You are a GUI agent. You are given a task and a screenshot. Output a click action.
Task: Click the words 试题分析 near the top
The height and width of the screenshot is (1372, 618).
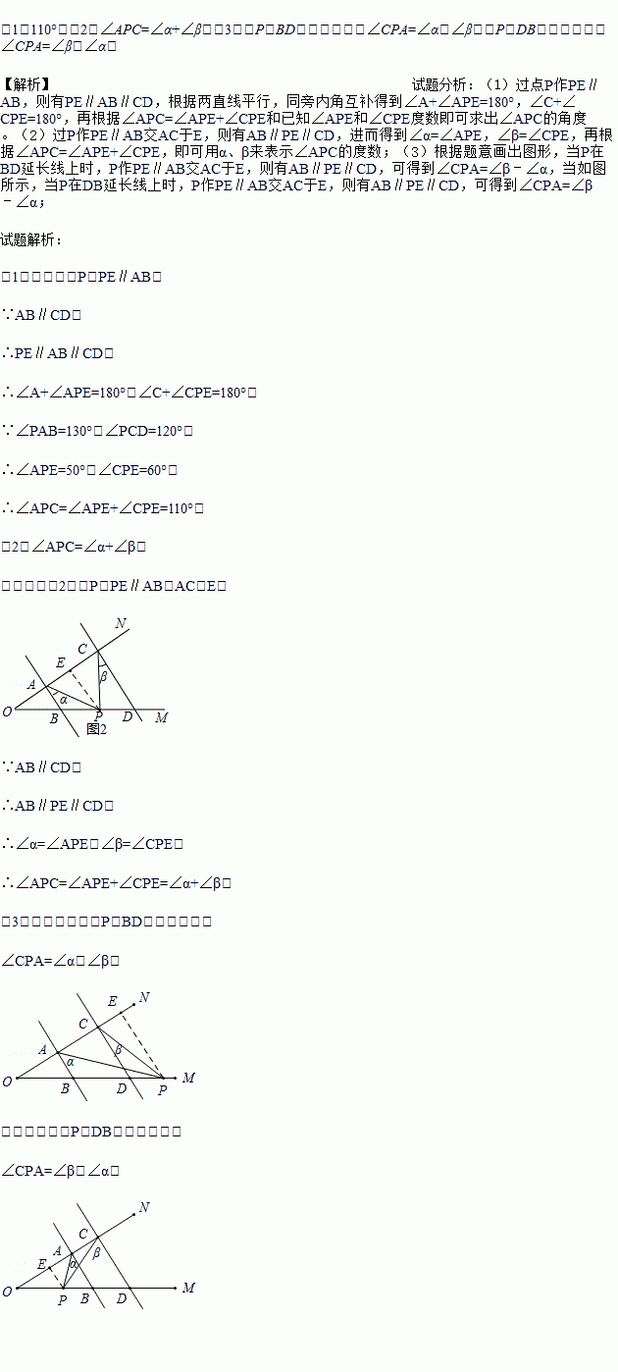(444, 85)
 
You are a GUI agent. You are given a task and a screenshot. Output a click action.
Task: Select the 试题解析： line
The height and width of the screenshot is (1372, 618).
(32, 238)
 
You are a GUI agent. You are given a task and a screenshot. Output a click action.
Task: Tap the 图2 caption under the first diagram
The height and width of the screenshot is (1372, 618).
(96, 728)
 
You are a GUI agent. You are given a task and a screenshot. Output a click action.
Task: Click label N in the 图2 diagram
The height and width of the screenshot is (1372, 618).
(121, 624)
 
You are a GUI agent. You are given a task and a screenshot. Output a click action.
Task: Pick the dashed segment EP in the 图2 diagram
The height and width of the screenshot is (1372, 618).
(83, 689)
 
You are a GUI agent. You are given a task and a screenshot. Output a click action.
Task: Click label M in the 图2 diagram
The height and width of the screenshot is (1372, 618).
(162, 717)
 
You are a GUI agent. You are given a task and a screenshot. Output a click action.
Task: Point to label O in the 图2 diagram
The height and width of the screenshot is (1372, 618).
(7, 712)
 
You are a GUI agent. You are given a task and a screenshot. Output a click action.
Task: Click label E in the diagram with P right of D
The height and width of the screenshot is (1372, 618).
(112, 1001)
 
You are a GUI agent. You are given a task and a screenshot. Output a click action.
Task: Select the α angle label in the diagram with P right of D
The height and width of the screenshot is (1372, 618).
(69, 1061)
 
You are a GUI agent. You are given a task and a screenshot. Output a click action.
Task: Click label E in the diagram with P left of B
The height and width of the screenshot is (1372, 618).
(41, 1264)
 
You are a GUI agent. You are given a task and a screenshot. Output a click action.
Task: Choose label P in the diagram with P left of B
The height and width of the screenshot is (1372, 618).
(62, 1300)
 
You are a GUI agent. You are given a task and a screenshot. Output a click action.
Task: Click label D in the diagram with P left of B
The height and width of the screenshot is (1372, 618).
(121, 1299)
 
